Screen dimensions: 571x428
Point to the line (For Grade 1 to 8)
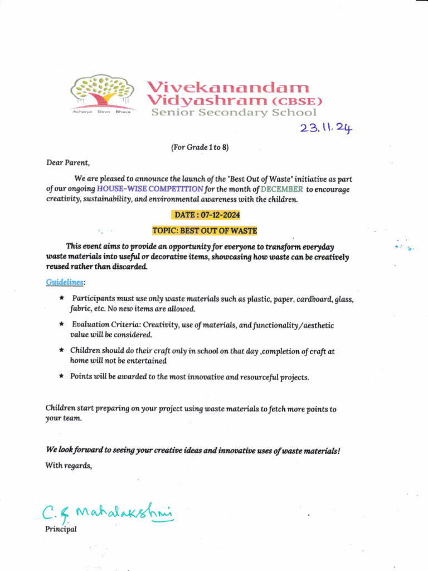[x=200, y=147]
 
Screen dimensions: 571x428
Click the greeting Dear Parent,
[x=67, y=163]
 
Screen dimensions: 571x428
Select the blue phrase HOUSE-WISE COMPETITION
[x=150, y=189]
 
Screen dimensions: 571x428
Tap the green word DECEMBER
[x=282, y=189]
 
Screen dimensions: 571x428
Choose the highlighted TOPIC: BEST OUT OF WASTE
[x=205, y=230]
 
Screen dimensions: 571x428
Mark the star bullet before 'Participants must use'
[x=62, y=299]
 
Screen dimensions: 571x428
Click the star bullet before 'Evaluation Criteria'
[x=62, y=324]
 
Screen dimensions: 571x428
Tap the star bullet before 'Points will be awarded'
[x=62, y=376]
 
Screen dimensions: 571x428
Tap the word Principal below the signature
[x=61, y=529]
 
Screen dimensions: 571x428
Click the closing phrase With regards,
[x=68, y=466]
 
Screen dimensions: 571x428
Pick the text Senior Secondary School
[x=234, y=113]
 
